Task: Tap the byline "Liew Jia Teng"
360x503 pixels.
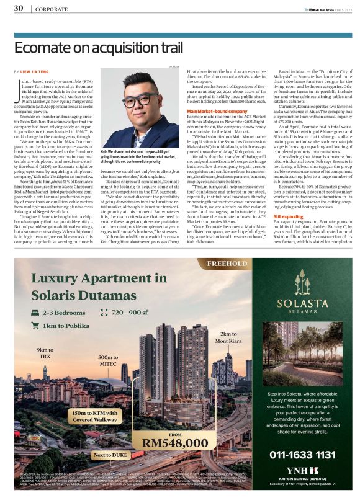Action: point(39,72)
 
